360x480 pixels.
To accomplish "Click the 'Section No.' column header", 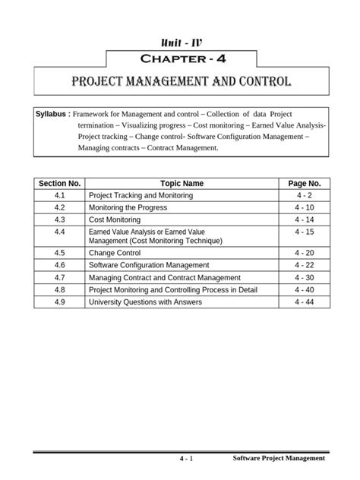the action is (59, 183).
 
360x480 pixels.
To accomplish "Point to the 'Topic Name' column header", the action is (182, 183).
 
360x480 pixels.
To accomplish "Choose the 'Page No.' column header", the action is (305, 183).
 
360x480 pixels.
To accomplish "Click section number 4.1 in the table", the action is (59, 195).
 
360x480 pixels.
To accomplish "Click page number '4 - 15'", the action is (305, 232).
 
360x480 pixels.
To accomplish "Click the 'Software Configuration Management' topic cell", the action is (149, 266).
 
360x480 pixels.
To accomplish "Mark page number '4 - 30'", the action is (305, 278).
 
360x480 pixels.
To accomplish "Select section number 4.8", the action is (59, 289).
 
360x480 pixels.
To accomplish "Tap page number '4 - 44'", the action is (305, 302).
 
